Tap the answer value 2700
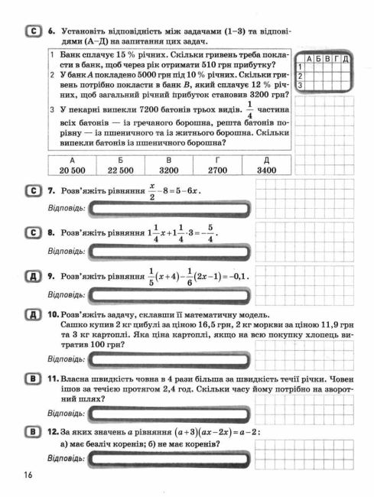pos(218,170)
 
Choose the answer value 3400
pos(267,170)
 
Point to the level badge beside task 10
pos(34,314)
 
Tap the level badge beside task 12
pos(34,432)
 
